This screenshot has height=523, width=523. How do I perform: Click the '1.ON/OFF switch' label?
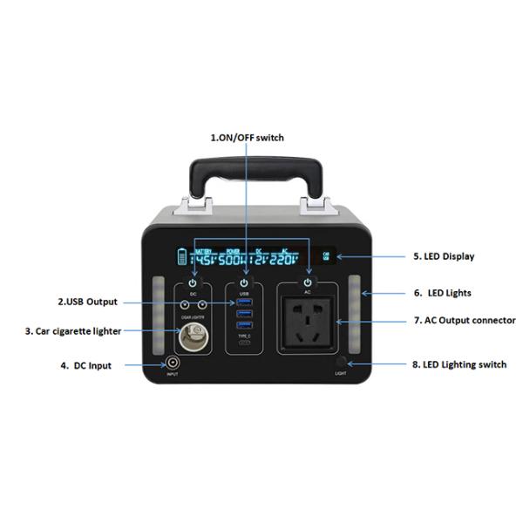tap(248, 138)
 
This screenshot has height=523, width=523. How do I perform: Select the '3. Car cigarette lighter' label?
tap(73, 331)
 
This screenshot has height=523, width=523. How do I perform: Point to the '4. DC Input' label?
tap(86, 365)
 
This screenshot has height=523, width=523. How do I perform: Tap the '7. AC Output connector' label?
tap(464, 320)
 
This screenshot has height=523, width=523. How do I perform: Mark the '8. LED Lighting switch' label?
tap(458, 364)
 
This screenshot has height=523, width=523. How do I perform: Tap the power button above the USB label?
tap(244, 284)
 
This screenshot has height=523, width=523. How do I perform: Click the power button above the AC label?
tap(309, 283)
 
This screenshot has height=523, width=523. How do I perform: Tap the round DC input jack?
tap(173, 364)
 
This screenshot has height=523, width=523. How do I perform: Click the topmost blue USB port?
tap(244, 302)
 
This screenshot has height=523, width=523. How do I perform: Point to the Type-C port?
tap(244, 343)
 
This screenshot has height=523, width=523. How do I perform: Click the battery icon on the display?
tap(183, 257)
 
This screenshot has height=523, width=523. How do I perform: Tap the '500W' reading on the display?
tap(233, 260)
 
